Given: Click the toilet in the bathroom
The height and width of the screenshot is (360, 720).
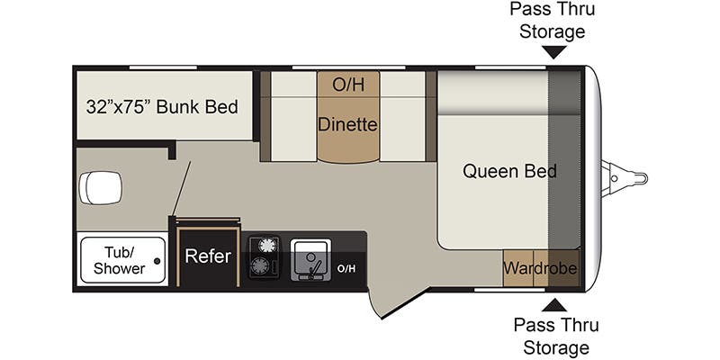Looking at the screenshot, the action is [x=101, y=188].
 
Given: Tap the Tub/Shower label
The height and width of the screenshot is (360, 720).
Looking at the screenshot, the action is [x=119, y=260].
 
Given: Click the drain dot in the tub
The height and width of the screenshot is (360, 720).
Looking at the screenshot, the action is [x=157, y=261].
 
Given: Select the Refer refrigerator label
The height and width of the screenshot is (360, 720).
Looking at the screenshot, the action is [x=208, y=256].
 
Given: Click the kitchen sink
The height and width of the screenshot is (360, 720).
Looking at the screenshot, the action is [x=310, y=259].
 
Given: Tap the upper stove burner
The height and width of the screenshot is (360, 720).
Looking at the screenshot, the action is [x=266, y=246].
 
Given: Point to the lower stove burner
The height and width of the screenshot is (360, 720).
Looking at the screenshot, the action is [x=259, y=265].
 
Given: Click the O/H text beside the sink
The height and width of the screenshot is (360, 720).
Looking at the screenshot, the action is [x=346, y=268].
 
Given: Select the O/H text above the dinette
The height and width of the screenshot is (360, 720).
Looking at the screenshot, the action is [x=348, y=85].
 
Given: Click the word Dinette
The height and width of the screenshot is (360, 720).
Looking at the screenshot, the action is [x=347, y=124].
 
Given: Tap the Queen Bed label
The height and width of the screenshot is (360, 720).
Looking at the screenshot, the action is [x=509, y=171].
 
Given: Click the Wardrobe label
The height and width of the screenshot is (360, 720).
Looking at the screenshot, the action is [x=540, y=267].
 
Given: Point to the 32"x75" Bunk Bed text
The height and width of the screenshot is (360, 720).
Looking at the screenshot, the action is [x=162, y=107].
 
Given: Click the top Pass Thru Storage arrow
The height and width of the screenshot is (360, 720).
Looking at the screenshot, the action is [x=553, y=52].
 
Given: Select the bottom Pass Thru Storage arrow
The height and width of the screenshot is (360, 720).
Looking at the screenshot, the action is [x=554, y=305].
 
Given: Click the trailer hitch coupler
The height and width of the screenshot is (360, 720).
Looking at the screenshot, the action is [x=625, y=177].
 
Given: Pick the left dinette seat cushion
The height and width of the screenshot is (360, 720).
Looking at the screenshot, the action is [x=294, y=117].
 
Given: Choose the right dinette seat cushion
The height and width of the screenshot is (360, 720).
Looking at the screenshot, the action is [x=402, y=117].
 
